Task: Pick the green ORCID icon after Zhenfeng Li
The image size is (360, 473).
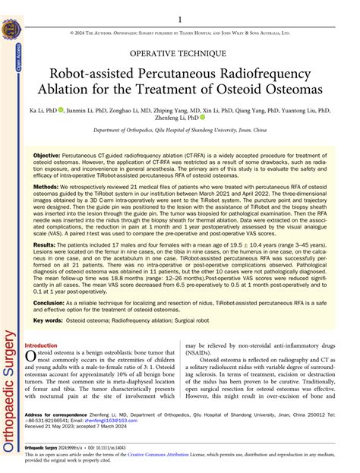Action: pyautogui.click(x=203, y=118)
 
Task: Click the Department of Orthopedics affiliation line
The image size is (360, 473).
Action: pyautogui.click(x=180, y=131)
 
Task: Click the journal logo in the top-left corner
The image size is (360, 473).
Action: pyautogui.click(x=11, y=30)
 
